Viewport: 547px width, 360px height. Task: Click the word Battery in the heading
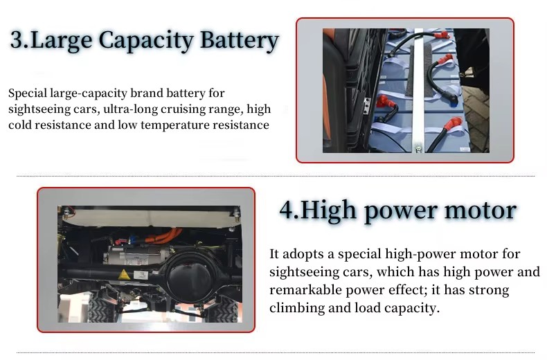(240, 40)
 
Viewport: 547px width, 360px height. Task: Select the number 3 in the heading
(17, 39)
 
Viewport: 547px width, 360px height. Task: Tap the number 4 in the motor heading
(287, 210)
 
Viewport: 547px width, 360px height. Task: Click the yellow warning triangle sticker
(123, 275)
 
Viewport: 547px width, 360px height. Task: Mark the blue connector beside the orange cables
(132, 240)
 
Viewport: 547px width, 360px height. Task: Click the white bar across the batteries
(419, 91)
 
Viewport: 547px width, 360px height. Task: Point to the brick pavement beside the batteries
(476, 116)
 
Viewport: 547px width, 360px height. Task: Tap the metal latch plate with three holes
(366, 106)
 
